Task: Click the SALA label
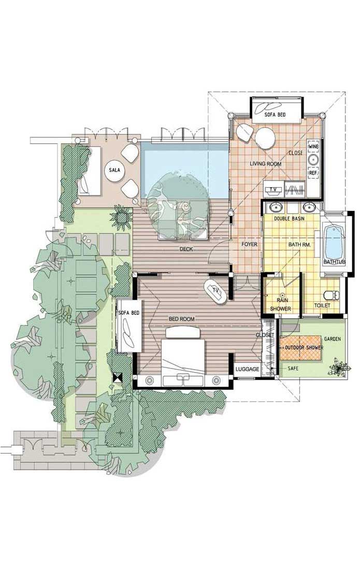click(114, 170)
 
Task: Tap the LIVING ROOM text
click(266, 164)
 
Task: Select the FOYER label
click(249, 244)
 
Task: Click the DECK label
click(186, 249)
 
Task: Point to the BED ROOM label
click(182, 319)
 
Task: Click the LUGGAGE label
click(247, 370)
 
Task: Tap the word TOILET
click(322, 305)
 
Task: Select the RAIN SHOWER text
click(281, 304)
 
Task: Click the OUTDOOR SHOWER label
click(304, 348)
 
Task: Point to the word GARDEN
click(333, 339)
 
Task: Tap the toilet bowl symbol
click(331, 295)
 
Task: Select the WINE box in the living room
click(313, 147)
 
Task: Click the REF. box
click(313, 173)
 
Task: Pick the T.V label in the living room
click(274, 189)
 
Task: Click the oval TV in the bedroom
click(215, 291)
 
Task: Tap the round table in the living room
click(266, 138)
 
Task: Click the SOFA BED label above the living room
click(275, 115)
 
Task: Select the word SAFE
click(293, 369)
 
